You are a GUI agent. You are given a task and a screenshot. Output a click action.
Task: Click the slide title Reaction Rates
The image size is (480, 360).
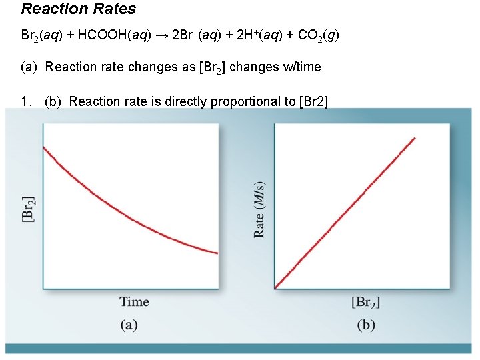[79, 9]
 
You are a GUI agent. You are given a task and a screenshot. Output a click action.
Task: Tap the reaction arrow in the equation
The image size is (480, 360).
[162, 36]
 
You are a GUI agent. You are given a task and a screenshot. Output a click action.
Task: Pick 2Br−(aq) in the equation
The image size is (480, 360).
[197, 36]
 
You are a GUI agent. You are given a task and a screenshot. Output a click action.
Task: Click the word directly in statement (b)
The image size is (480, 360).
[186, 101]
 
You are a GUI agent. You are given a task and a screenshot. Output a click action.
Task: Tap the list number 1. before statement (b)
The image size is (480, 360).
[27, 101]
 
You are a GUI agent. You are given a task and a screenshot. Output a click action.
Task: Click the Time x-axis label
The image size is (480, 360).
[134, 301]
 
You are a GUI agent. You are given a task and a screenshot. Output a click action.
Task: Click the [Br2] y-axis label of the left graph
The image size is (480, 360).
[29, 209]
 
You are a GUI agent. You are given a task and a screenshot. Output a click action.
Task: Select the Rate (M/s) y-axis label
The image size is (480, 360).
[259, 209]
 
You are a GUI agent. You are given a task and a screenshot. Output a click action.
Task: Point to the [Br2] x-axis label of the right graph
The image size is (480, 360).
[365, 302]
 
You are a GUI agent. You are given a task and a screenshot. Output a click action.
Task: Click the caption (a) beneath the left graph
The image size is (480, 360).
[129, 325]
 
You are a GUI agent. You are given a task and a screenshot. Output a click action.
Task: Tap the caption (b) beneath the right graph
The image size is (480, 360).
[365, 325]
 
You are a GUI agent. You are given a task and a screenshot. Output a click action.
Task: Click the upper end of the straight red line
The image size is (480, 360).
[415, 138]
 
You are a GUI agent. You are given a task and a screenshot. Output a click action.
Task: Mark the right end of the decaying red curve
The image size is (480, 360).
[217, 253]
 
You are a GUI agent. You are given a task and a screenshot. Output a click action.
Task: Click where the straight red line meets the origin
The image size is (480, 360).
[275, 289]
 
